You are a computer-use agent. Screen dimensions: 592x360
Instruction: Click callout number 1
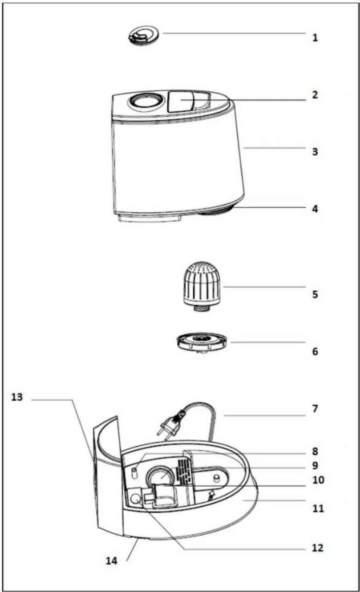[315, 37]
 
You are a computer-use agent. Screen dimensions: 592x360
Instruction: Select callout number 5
[315, 294]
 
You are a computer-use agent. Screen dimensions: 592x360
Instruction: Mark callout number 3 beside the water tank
[315, 152]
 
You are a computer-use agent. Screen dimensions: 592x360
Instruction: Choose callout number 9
[315, 466]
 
